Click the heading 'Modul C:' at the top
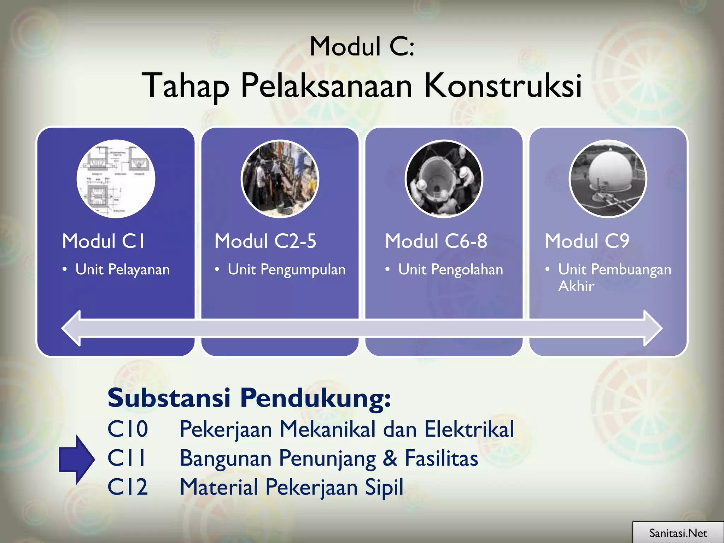click(362, 47)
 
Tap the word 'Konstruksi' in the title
click(502, 86)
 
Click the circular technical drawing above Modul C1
click(116, 179)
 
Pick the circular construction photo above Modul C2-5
click(280, 179)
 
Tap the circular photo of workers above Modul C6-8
click(444, 179)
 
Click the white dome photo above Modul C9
click(608, 179)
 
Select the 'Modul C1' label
click(103, 241)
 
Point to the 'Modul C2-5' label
click(265, 241)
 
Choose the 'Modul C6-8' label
click(436, 241)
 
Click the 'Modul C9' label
click(587, 241)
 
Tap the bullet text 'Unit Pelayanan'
click(122, 270)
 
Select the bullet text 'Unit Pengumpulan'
click(286, 270)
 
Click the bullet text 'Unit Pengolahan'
click(450, 270)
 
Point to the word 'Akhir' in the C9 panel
click(576, 286)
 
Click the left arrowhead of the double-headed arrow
click(72, 328)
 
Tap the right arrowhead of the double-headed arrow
click(652, 328)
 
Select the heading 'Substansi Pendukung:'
click(249, 398)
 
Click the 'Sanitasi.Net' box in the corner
click(678, 533)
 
